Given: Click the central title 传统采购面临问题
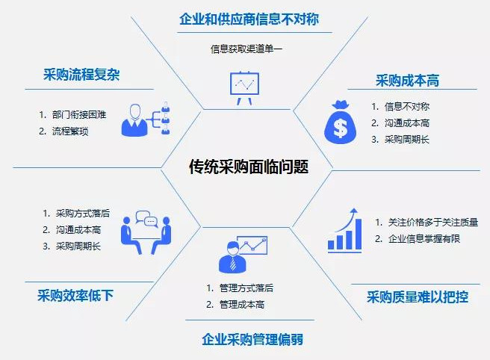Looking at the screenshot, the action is [249, 167].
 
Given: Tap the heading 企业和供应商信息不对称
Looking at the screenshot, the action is [249, 19].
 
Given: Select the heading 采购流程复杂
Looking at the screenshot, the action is [81, 75].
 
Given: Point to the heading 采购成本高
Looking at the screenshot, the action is [407, 81].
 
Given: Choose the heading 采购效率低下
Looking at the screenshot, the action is [75, 295].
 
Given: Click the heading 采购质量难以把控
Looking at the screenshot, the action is [418, 297].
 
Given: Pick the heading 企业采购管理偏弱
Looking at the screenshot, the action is [252, 339].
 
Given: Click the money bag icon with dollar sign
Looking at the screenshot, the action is [341, 122].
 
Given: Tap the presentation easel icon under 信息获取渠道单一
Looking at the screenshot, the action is [244, 88].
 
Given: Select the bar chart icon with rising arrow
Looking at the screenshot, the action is [344, 231].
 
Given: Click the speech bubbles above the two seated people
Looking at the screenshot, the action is [147, 218].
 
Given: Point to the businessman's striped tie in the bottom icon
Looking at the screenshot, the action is [233, 264].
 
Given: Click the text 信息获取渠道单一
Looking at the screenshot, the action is [246, 49].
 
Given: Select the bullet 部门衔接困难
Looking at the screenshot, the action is [79, 115].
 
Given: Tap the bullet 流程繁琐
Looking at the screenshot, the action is [70, 131].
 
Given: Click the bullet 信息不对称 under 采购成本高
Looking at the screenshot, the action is [407, 107].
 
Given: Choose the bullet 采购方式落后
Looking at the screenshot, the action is [83, 214].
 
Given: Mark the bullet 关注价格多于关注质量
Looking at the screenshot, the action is [433, 223].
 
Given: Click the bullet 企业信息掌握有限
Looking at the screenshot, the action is [424, 239].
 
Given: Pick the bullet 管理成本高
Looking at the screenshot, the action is [242, 305].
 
